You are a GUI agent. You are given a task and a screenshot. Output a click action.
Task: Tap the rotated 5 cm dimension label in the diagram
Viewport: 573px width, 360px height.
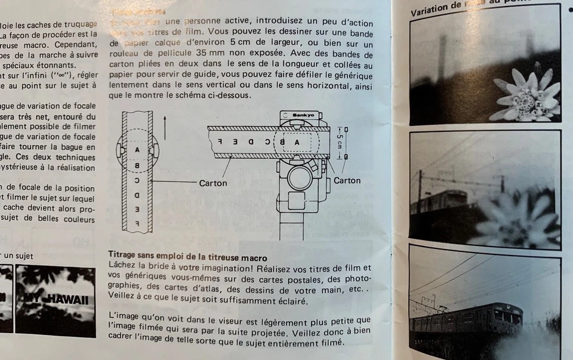340,141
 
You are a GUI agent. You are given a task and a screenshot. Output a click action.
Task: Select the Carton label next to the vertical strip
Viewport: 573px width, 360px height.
213,183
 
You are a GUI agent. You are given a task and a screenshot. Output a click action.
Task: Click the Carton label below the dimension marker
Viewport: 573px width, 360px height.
347,180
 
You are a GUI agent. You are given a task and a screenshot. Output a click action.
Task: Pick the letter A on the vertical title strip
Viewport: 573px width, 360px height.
137,149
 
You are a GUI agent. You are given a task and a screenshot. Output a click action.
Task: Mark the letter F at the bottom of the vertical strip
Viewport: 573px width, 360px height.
137,223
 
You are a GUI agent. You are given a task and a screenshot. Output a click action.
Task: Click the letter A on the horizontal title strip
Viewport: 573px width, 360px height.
297,142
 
